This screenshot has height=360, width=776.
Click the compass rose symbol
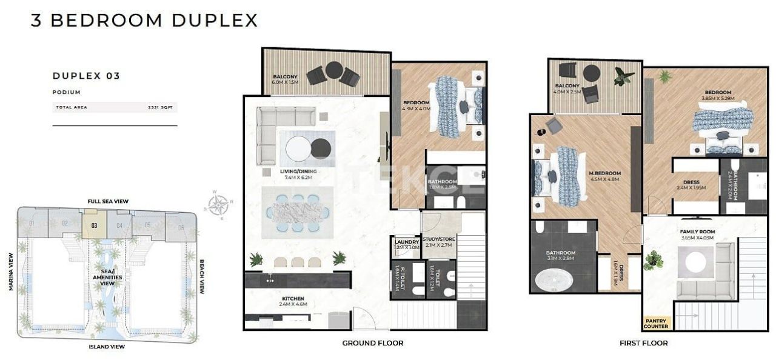point(218,204)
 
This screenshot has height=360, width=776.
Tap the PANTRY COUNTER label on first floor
point(656,324)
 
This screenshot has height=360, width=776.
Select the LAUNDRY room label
point(403,244)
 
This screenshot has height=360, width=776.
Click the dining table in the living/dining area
point(297,213)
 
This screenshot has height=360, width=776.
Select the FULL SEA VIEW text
point(107,201)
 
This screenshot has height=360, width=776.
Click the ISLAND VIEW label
point(106,347)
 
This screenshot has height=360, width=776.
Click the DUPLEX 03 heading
point(86,76)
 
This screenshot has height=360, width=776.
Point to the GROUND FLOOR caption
point(372,343)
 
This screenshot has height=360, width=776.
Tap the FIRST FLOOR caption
point(643,343)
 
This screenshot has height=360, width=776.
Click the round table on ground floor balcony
point(333,70)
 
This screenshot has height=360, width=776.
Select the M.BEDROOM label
point(604,176)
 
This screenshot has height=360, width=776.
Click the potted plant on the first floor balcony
point(623,76)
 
